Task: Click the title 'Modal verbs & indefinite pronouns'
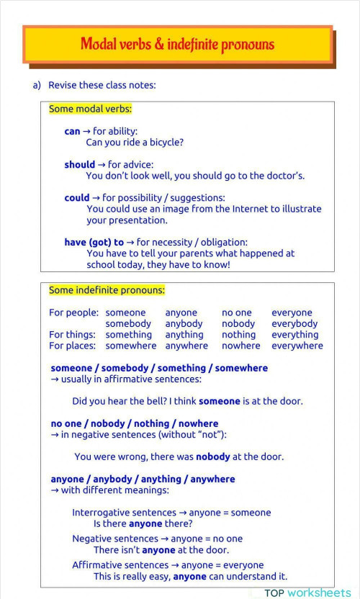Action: tap(177, 45)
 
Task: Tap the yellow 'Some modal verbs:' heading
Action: tap(90, 109)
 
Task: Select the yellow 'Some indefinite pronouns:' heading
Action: tap(107, 291)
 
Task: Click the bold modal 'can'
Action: tap(72, 132)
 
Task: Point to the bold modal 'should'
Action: tap(79, 165)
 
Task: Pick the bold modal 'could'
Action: tap(77, 198)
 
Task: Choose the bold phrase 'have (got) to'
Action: tap(94, 243)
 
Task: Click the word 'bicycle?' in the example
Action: tap(165, 143)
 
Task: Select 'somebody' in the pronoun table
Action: tap(128, 324)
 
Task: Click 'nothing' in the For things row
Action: tap(238, 335)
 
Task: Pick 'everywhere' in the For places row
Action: tap(297, 346)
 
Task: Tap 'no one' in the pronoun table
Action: tap(236, 313)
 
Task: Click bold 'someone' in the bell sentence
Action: tap(220, 401)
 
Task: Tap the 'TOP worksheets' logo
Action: tap(307, 593)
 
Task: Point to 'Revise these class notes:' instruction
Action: tap(102, 85)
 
